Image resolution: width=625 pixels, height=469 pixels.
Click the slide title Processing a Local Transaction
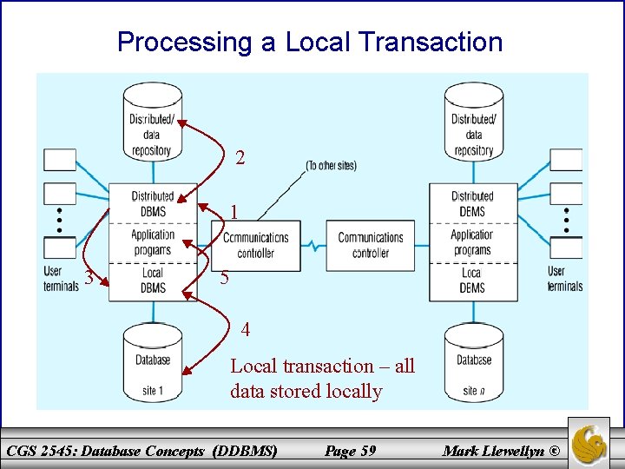click(x=310, y=42)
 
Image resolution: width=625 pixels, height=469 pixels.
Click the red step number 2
click(x=240, y=158)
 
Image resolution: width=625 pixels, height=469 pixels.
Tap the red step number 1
click(x=234, y=212)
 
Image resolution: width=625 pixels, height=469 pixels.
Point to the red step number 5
click(x=224, y=279)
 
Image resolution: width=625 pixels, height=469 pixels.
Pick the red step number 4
click(x=246, y=330)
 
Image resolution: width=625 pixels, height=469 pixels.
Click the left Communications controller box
click(x=256, y=245)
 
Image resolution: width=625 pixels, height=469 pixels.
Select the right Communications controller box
click(x=371, y=245)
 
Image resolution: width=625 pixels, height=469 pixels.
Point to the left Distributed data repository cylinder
click(x=153, y=123)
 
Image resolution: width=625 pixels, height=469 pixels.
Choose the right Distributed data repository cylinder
click(x=474, y=123)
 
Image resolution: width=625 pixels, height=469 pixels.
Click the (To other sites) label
click(x=331, y=165)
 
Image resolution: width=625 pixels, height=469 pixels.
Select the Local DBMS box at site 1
click(x=153, y=281)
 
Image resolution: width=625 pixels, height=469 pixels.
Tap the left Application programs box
click(x=153, y=242)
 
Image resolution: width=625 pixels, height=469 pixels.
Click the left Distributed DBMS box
click(x=153, y=203)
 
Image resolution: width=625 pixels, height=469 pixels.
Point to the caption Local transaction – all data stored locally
click(x=322, y=379)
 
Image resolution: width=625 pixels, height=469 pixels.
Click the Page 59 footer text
click(x=350, y=450)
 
